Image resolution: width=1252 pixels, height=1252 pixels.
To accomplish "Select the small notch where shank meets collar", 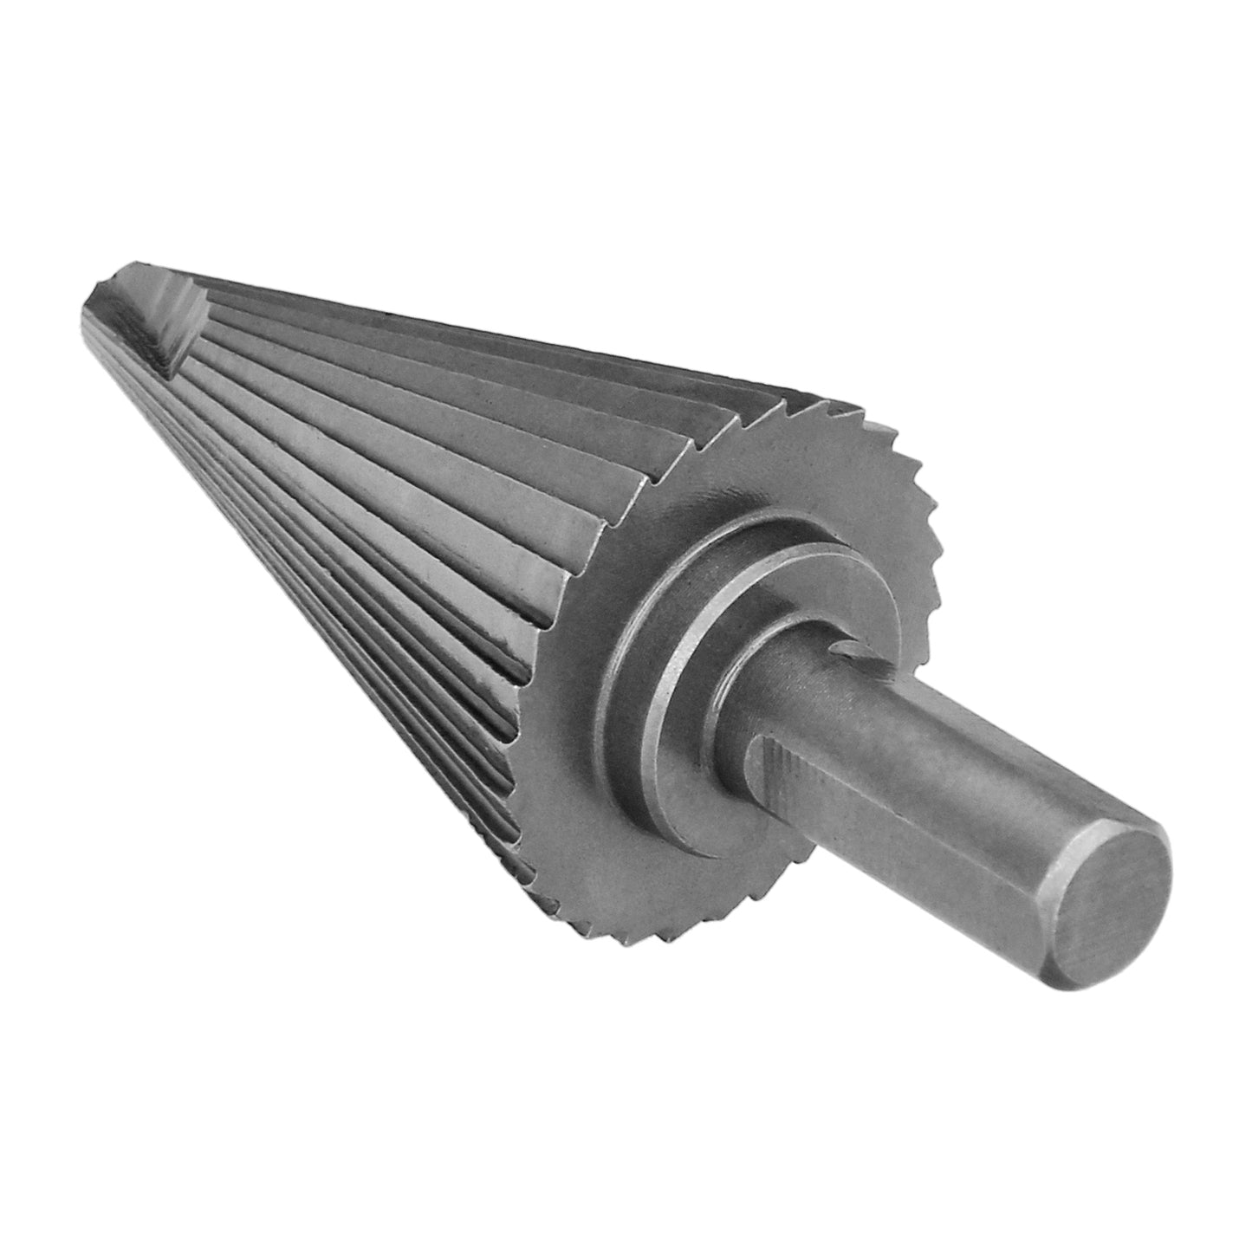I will point(845,649).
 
